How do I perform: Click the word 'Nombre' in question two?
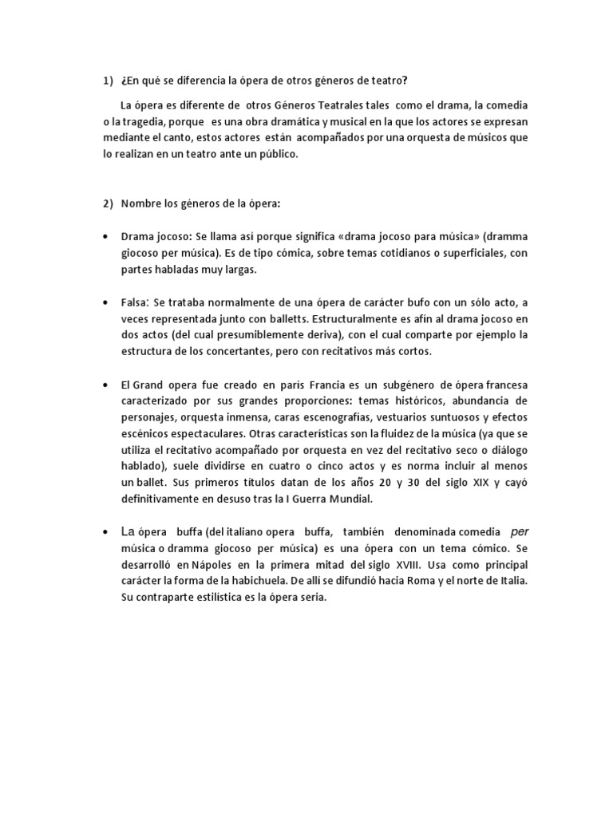coord(140,203)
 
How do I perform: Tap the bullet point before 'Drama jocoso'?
coord(106,237)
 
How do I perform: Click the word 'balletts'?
coord(241,318)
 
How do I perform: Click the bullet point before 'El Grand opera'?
coord(106,385)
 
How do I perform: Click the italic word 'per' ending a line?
coord(519,531)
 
